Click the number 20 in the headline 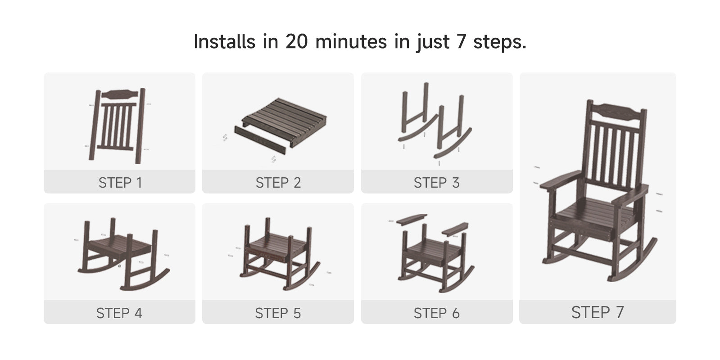click(x=296, y=42)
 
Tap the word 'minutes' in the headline click(x=351, y=42)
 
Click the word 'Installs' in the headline click(x=225, y=41)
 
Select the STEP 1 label click(x=120, y=182)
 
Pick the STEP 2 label click(x=278, y=182)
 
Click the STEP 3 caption click(x=436, y=182)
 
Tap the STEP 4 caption click(x=119, y=313)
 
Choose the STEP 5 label click(x=278, y=313)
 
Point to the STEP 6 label click(x=436, y=313)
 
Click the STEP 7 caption click(x=598, y=312)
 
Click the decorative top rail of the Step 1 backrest click(x=120, y=94)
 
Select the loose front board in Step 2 click(x=260, y=140)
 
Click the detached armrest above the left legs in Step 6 click(x=412, y=219)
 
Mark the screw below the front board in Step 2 click(x=273, y=159)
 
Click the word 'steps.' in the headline click(x=500, y=42)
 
